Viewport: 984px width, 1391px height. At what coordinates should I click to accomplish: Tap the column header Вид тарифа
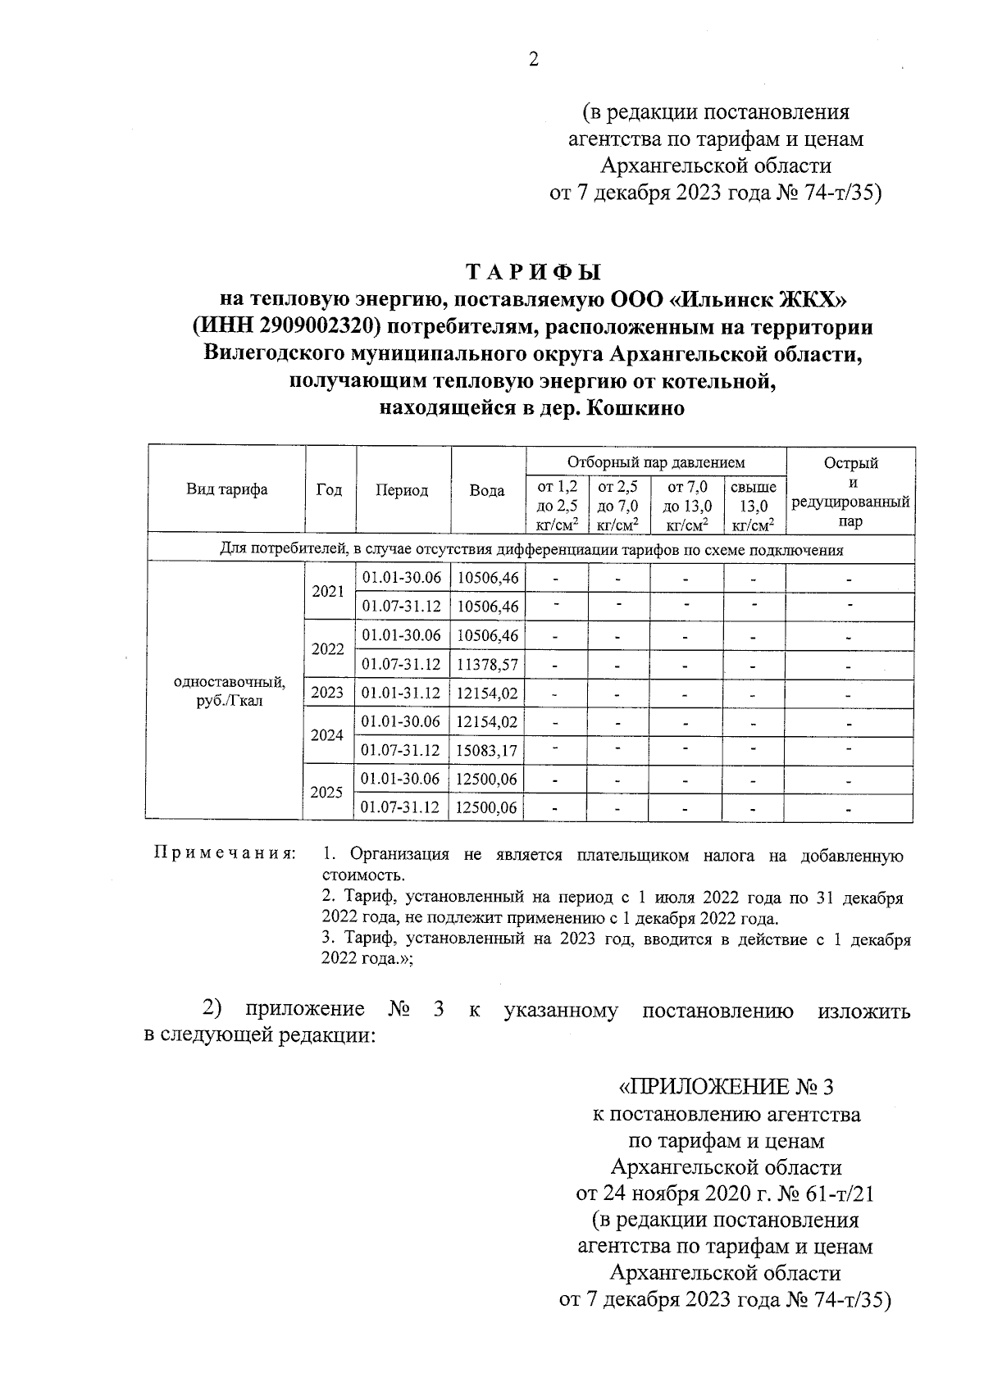click(x=226, y=490)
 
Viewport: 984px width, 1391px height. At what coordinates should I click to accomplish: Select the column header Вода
click(x=487, y=490)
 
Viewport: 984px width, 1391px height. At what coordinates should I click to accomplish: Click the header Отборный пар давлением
click(x=656, y=462)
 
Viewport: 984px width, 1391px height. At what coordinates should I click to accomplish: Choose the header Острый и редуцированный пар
click(x=850, y=491)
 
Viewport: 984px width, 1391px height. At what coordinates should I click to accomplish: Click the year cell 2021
click(x=328, y=591)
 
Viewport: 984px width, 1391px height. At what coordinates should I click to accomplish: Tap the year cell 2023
click(x=327, y=693)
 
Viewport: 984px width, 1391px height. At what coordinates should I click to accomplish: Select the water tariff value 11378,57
click(x=488, y=664)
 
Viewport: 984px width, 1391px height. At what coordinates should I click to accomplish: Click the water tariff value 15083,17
click(x=488, y=750)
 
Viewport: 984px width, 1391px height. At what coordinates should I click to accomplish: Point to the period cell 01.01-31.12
click(x=402, y=693)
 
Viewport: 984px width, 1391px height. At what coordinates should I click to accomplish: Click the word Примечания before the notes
click(x=225, y=855)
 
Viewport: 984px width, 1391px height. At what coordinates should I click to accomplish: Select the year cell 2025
click(x=327, y=793)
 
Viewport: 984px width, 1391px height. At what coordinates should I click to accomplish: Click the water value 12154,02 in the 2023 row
click(x=488, y=693)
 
